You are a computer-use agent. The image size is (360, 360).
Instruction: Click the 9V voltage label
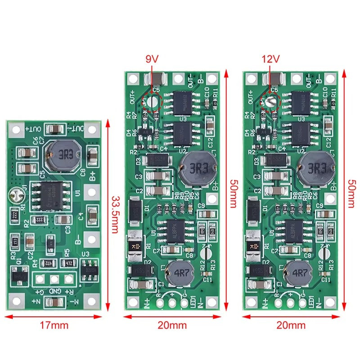[x=152, y=59]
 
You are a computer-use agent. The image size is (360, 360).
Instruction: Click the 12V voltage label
[x=270, y=59]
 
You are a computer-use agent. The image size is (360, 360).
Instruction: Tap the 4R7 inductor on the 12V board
[x=297, y=273]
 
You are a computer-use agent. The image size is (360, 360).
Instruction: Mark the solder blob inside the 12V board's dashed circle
[x=270, y=102]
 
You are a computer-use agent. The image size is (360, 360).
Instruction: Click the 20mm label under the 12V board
[x=292, y=325]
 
